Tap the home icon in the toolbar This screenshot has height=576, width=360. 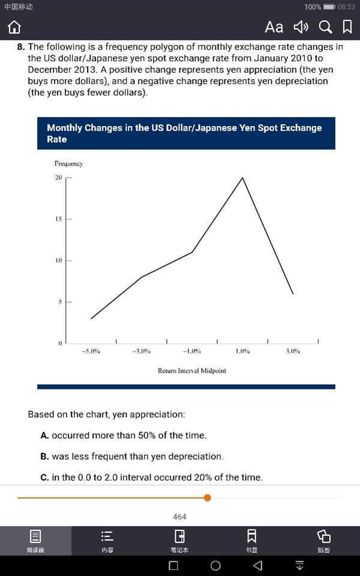(x=14, y=28)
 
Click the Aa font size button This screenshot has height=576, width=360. (x=274, y=27)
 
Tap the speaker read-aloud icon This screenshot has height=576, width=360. (x=301, y=27)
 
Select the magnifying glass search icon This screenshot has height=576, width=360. (x=325, y=27)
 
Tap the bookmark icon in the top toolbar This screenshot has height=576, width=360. (x=347, y=27)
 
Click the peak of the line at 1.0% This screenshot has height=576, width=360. (x=242, y=178)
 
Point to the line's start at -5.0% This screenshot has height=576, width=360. (x=91, y=319)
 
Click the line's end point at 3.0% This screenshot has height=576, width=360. (x=293, y=293)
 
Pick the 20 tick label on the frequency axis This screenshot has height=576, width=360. (x=58, y=178)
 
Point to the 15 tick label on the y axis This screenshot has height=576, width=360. (x=58, y=219)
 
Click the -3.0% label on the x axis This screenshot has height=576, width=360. (x=141, y=351)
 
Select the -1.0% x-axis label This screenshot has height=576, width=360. (x=191, y=351)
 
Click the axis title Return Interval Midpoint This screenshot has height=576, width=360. (x=192, y=371)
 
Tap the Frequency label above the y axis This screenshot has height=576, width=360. (x=68, y=164)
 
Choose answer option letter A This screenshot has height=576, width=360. (x=44, y=436)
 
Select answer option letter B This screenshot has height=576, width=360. (x=44, y=457)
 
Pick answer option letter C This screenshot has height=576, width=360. (x=44, y=478)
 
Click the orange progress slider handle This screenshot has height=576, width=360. (x=208, y=497)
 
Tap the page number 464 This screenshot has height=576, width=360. (x=179, y=517)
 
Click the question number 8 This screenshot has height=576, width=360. (x=20, y=47)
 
